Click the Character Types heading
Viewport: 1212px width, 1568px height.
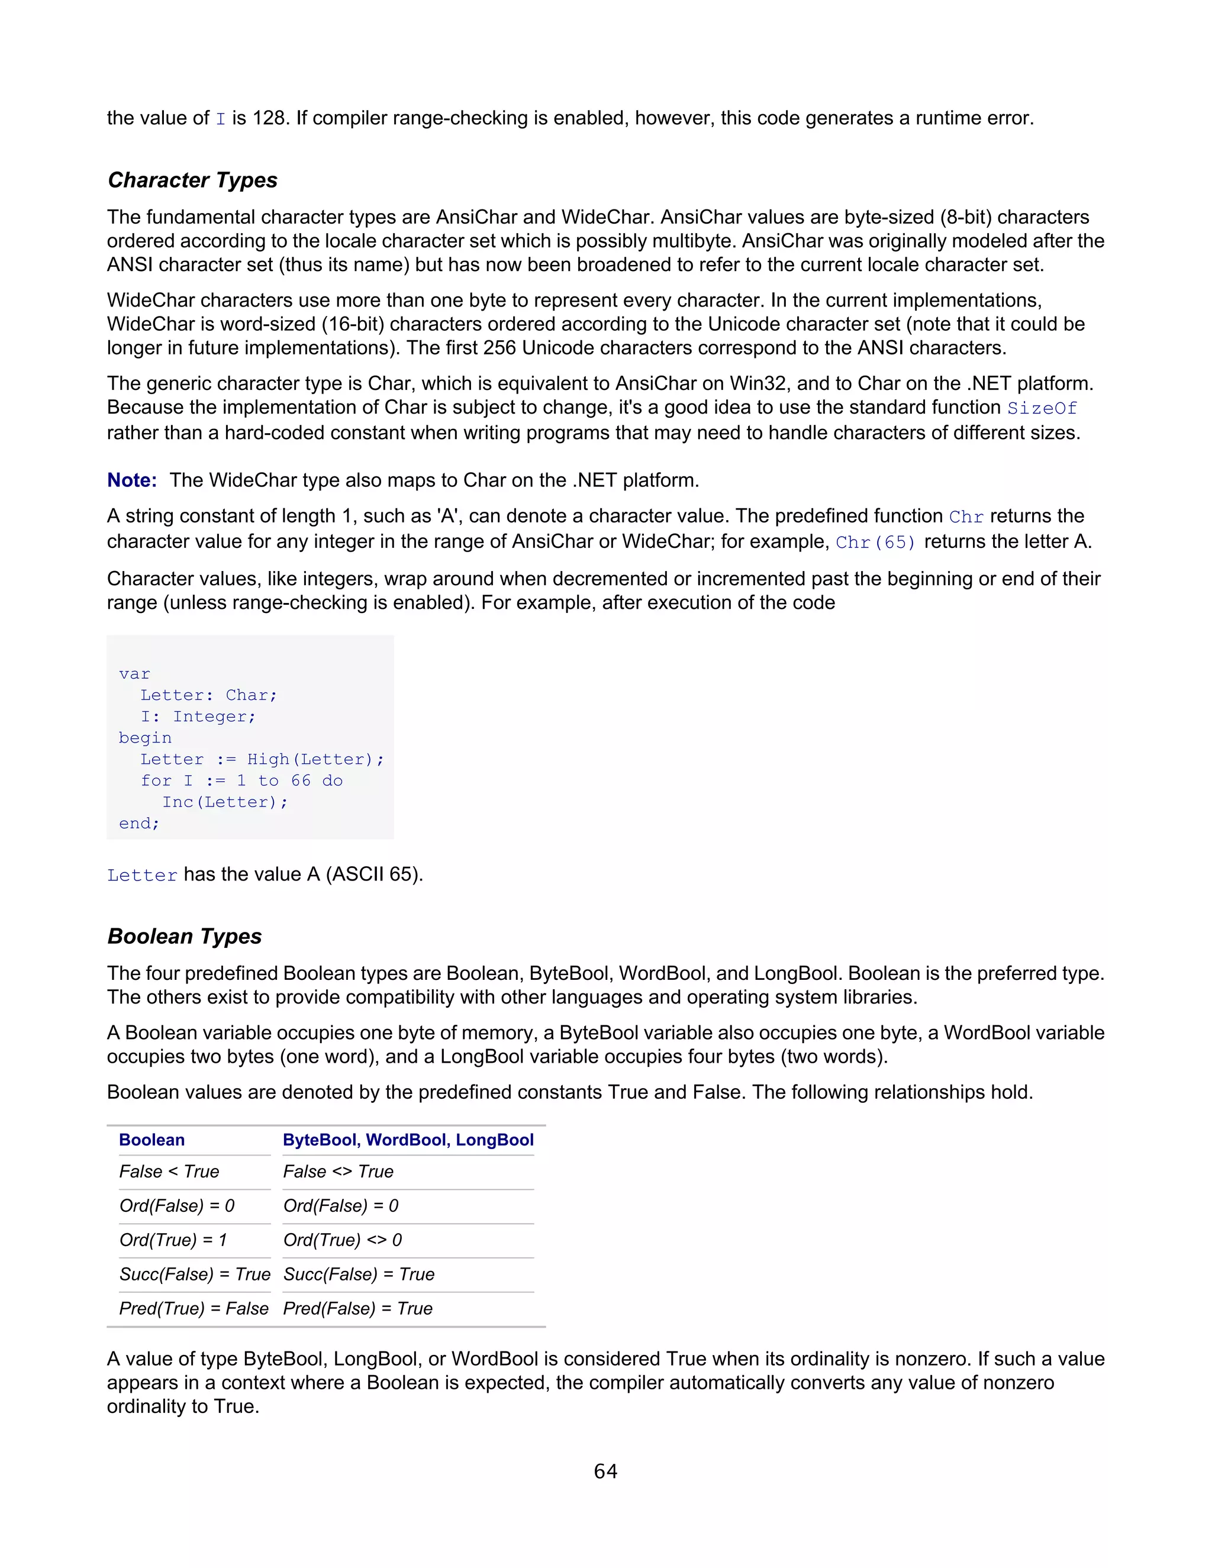point(192,180)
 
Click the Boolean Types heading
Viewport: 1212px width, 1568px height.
point(185,936)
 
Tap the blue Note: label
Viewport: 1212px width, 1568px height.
point(132,480)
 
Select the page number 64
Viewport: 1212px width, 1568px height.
point(605,1471)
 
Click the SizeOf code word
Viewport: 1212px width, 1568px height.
point(1042,408)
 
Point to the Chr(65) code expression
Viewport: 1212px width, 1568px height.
point(875,543)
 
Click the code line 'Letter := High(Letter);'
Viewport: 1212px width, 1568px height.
point(262,760)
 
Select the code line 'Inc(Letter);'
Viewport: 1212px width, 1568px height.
point(225,802)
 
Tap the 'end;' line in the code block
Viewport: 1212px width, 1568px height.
point(139,824)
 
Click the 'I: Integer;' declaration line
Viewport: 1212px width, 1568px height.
point(198,717)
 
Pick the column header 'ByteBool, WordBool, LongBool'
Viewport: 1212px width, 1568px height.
point(408,1140)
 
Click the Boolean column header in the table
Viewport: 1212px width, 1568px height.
point(152,1140)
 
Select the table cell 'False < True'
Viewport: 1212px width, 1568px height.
point(169,1172)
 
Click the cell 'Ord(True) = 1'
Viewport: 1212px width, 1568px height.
point(173,1240)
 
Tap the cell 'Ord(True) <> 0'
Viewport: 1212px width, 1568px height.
point(343,1240)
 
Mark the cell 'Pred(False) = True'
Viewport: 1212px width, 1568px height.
point(357,1309)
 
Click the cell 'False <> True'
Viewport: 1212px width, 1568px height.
point(338,1172)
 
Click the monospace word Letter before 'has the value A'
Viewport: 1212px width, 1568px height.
point(142,875)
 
